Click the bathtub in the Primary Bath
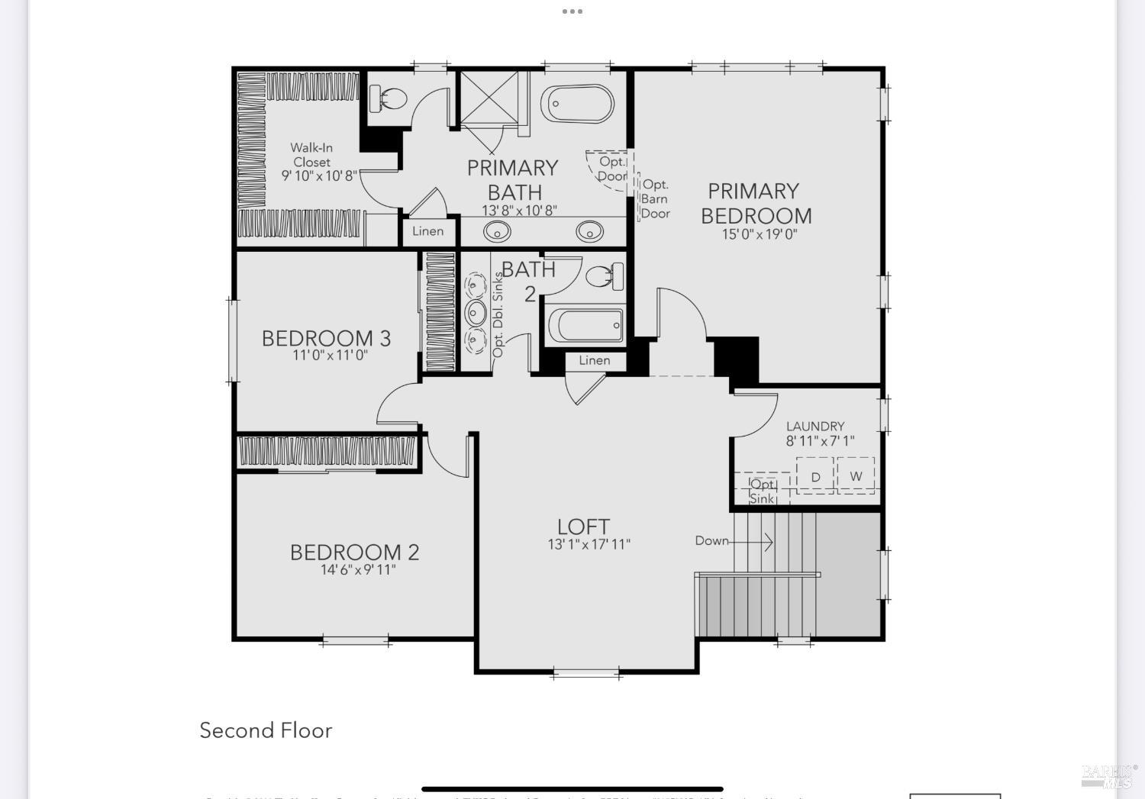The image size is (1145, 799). click(x=577, y=104)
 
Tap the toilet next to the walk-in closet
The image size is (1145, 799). click(x=389, y=98)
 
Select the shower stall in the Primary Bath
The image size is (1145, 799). click(x=488, y=97)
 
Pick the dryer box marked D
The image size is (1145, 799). click(x=815, y=476)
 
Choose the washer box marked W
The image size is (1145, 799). click(x=856, y=475)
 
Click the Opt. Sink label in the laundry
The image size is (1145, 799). click(x=763, y=491)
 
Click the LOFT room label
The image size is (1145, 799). click(x=583, y=527)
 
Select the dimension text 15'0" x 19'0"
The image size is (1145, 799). click(x=760, y=234)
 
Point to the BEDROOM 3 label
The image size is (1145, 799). click(x=326, y=338)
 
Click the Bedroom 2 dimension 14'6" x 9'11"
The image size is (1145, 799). click(x=358, y=569)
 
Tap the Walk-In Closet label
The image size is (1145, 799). click(x=311, y=155)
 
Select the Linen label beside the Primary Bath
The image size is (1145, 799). click(x=427, y=231)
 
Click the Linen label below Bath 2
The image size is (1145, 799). click(x=594, y=360)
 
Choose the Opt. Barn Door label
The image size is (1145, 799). click(x=655, y=198)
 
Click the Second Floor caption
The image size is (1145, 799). click(x=266, y=730)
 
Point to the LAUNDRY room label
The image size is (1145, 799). click(x=815, y=426)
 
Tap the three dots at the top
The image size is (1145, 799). click(x=572, y=11)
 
